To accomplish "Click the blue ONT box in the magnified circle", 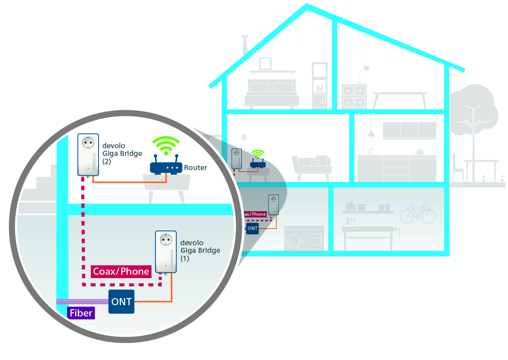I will tap(121, 302).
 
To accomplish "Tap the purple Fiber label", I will tap(81, 313).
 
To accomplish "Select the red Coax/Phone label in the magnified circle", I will tap(121, 271).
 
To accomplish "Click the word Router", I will tap(196, 168).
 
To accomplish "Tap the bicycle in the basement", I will tap(418, 214).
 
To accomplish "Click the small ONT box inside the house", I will tap(252, 228).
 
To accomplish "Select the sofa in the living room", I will tap(311, 165).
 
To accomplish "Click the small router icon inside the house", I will tap(258, 163).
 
